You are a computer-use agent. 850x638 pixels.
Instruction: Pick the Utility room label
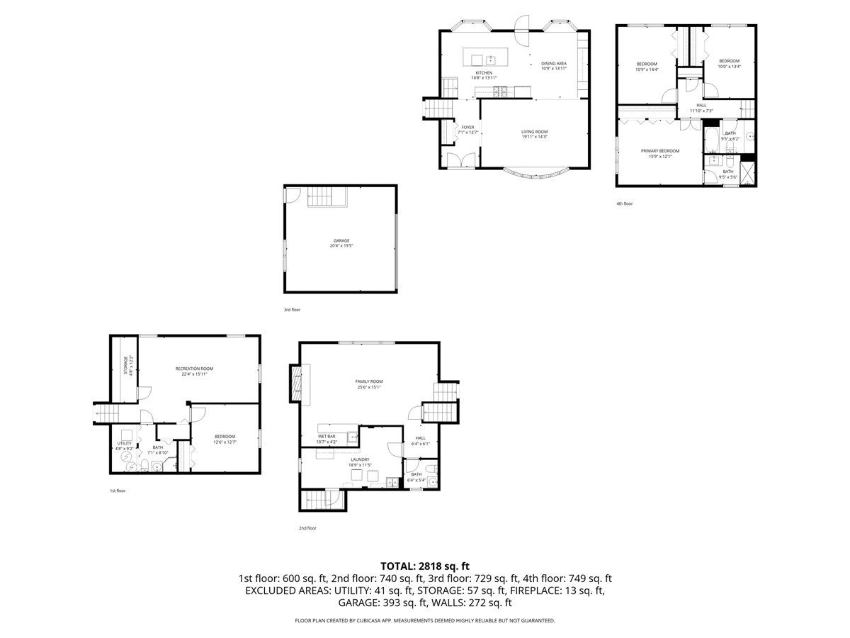(125, 445)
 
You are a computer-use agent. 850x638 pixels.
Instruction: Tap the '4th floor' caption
(624, 203)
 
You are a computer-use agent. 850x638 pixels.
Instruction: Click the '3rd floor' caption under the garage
(293, 310)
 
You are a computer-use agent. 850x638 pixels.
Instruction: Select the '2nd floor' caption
(307, 528)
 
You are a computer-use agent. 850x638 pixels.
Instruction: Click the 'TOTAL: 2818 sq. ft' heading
(425, 566)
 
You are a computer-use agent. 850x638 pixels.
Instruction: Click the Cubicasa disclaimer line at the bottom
(425, 620)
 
